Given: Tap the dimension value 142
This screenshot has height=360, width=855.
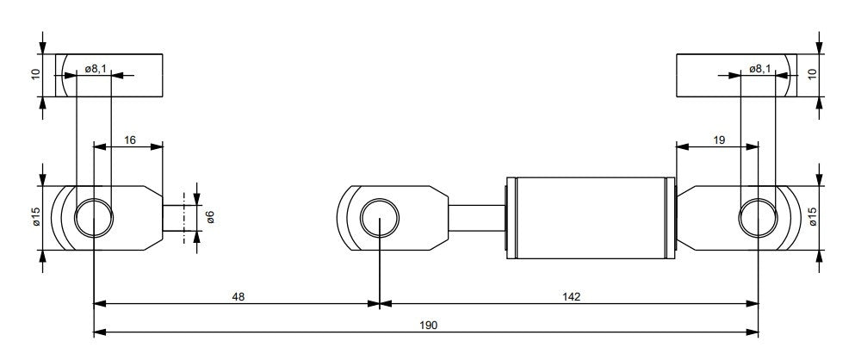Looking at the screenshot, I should click(x=571, y=296).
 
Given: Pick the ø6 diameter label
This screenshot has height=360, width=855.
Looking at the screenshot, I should click(x=209, y=217).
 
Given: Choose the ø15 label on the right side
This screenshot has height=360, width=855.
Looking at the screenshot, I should click(x=812, y=217).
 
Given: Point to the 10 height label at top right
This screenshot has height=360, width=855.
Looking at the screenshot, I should click(x=812, y=76).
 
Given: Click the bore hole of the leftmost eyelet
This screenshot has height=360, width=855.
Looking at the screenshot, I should click(x=93, y=218).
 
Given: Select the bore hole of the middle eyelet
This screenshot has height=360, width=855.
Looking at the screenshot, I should click(x=380, y=218).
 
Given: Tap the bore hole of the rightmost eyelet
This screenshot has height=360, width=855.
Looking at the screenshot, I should click(x=759, y=218).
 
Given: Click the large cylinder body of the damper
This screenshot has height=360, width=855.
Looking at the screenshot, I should click(x=591, y=218).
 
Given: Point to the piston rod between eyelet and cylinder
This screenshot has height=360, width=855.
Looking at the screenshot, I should click(x=476, y=218).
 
